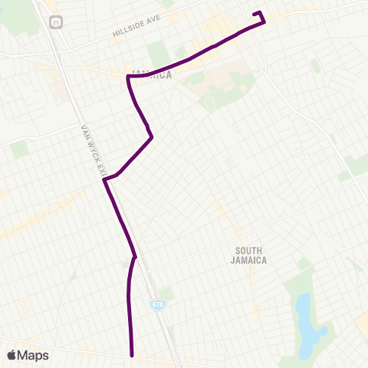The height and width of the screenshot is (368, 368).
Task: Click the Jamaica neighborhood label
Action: pyautogui.click(x=151, y=75)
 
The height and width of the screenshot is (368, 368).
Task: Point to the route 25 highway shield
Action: pyautogui.click(x=56, y=23)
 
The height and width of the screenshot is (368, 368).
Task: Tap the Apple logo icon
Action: pyautogui.click(x=11, y=355)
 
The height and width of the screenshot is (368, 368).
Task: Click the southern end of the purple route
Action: pyautogui.click(x=133, y=355)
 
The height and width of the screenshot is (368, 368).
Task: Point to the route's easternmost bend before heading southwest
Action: pyautogui.click(x=153, y=137)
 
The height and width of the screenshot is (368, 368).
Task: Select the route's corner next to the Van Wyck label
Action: pyautogui.click(x=104, y=180)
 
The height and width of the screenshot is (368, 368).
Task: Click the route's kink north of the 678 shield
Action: pyautogui.click(x=135, y=257)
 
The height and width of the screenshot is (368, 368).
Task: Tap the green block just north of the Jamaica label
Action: pyautogui.click(x=159, y=54)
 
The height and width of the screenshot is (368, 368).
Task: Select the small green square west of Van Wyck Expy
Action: pyautogui.click(x=20, y=149)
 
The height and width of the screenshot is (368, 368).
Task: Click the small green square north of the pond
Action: pyautogui.click(x=304, y=264)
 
